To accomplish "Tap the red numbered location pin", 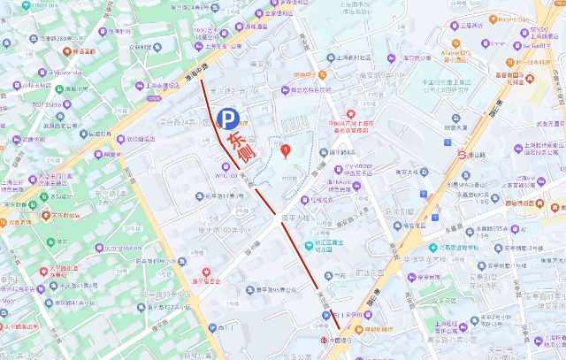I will point(286,149).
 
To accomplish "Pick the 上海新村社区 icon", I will point(329,57).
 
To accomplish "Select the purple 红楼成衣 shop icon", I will point(328,200).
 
